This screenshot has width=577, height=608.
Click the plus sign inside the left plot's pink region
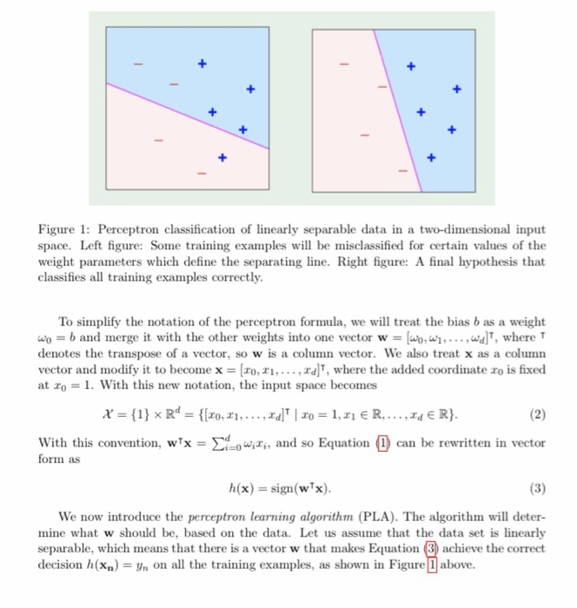coord(222,157)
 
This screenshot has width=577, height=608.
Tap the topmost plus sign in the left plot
coord(201,63)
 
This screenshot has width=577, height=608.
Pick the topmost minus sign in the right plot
coord(345,63)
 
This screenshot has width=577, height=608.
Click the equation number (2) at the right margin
coord(536,413)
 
